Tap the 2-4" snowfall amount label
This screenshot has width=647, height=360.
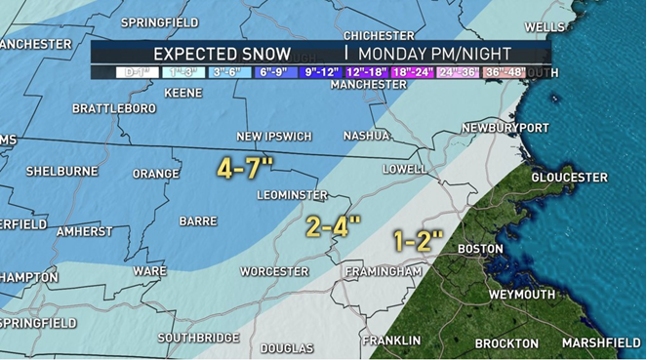pyautogui.click(x=333, y=226)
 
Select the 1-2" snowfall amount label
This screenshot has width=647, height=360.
pyautogui.click(x=419, y=239)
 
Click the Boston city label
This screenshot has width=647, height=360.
pyautogui.click(x=480, y=249)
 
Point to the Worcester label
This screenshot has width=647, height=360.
pyautogui.click(x=276, y=271)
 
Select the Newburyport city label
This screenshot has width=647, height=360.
pyautogui.click(x=505, y=128)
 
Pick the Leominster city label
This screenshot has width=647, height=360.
pyautogui.click(x=292, y=195)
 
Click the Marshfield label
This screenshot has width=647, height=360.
pyautogui.click(x=600, y=342)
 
